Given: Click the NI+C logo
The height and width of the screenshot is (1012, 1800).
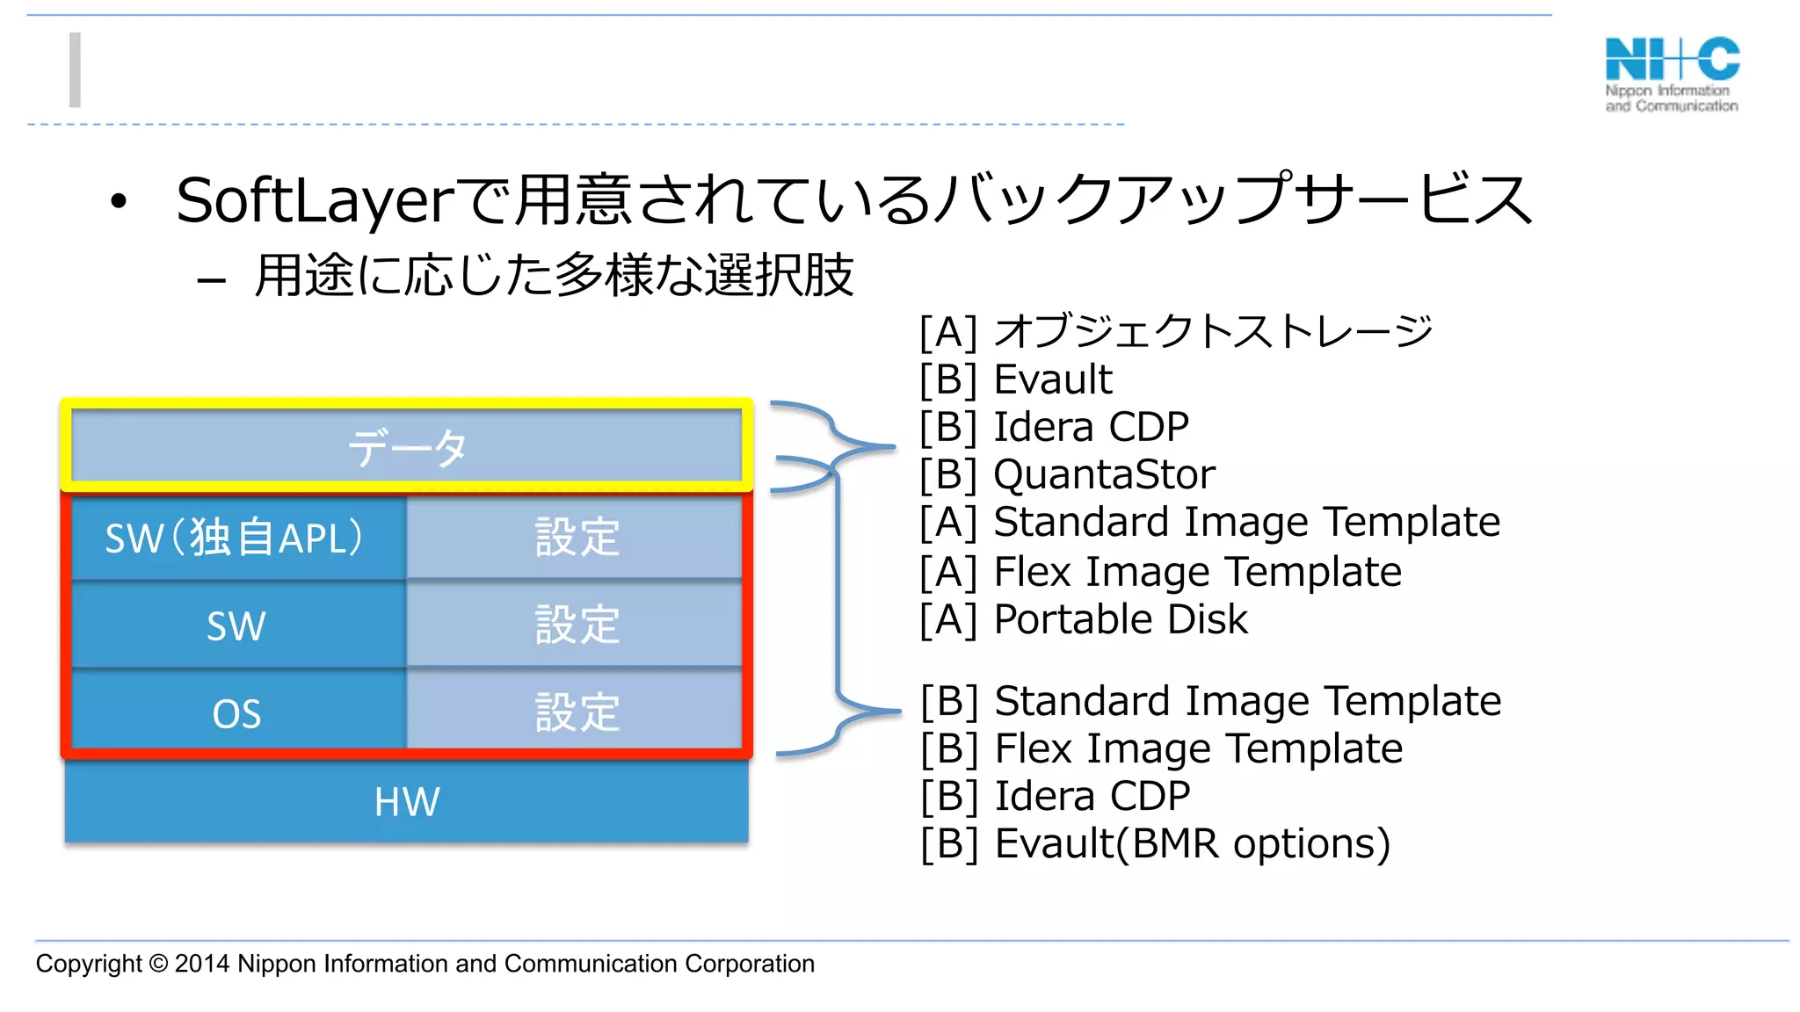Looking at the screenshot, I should pyautogui.click(x=1672, y=74).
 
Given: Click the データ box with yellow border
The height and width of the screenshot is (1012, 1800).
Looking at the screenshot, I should pyautogui.click(x=406, y=447).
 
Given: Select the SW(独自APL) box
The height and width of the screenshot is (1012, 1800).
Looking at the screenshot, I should pyautogui.click(x=236, y=538).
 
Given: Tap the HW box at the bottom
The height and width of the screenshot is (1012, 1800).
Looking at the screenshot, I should pyautogui.click(x=406, y=801).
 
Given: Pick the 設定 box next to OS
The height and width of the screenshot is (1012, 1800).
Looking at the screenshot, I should pyautogui.click(x=576, y=712).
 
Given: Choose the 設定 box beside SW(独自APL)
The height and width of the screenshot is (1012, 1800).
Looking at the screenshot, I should pyautogui.click(x=576, y=537).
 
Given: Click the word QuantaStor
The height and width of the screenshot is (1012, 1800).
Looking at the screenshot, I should pyautogui.click(x=1104, y=474).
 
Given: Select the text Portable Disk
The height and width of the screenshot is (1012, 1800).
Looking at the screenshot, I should pyautogui.click(x=1120, y=619).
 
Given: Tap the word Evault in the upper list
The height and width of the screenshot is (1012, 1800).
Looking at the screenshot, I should pyautogui.click(x=1053, y=379).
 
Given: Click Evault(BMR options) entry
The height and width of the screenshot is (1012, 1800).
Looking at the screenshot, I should pyautogui.click(x=1192, y=843).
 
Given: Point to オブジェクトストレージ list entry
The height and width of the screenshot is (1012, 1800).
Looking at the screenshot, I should pyautogui.click(x=1213, y=331).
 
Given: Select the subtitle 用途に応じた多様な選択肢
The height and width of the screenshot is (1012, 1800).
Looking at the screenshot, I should pyautogui.click(x=554, y=276).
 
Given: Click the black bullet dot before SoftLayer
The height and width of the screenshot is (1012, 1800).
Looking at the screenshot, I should pyautogui.click(x=119, y=202).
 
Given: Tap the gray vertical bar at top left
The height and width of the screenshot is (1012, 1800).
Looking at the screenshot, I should pyautogui.click(x=76, y=70).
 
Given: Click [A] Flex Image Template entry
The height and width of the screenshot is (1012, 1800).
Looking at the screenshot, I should pyautogui.click(x=1160, y=572).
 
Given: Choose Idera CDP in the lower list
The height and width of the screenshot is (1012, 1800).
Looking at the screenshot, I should pyautogui.click(x=1092, y=796).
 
